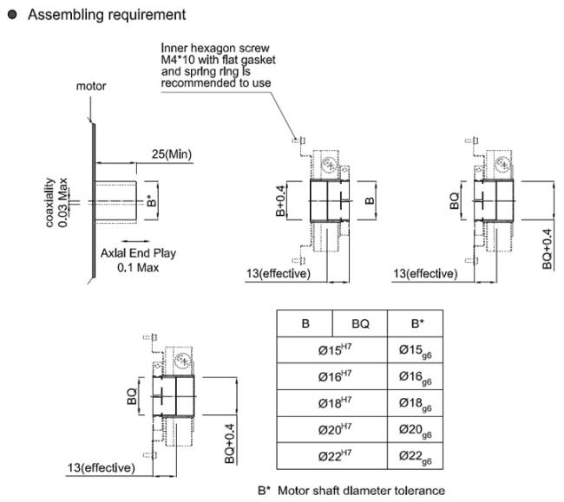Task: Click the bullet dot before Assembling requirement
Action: pyautogui.click(x=13, y=15)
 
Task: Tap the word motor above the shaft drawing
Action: pyautogui.click(x=91, y=86)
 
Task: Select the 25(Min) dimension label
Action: pyautogui.click(x=171, y=154)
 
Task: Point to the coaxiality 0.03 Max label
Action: pyautogui.click(x=56, y=203)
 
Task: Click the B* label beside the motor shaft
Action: pyautogui.click(x=151, y=202)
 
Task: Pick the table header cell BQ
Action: pyautogui.click(x=359, y=323)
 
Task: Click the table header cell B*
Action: pyautogui.click(x=416, y=323)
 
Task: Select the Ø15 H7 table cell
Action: pyautogui.click(x=331, y=350)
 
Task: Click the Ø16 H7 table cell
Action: pyautogui.click(x=331, y=378)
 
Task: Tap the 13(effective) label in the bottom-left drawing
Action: pyautogui.click(x=102, y=468)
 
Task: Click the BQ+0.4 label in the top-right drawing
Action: pyautogui.click(x=547, y=249)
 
